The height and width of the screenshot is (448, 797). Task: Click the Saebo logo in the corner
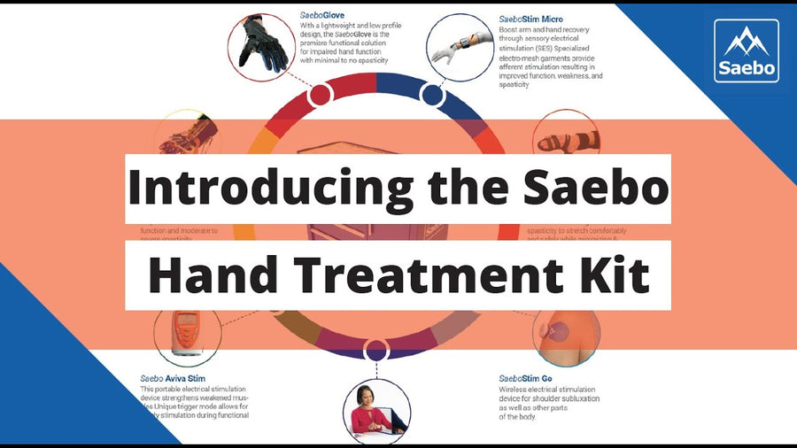pos(746,51)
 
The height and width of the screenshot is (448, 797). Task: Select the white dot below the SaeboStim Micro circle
pos(431,95)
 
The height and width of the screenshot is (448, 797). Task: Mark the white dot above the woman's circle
pos(375,349)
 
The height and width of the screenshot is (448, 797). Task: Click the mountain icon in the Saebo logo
pos(746,41)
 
